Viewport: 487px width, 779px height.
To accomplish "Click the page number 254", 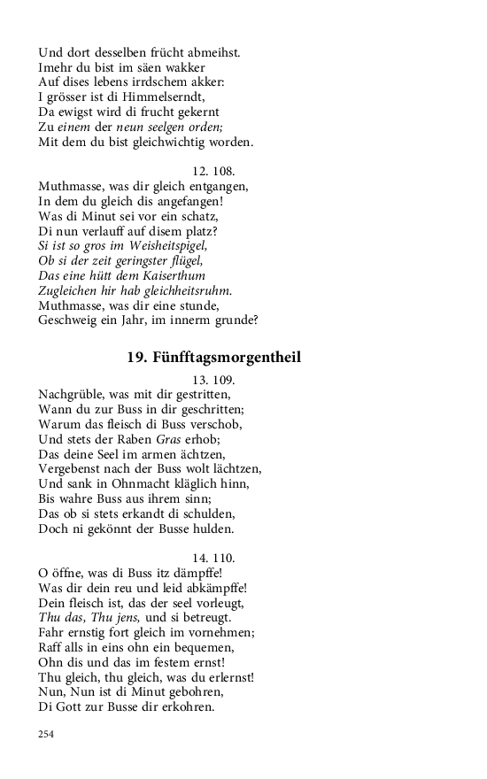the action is click(47, 734).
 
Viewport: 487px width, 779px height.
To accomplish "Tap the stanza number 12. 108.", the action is click(213, 171).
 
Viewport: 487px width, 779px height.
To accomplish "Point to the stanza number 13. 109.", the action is click(213, 379).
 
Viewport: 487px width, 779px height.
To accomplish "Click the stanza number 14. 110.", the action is click(213, 559).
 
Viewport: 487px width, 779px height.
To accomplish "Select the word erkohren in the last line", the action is click(183, 709).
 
